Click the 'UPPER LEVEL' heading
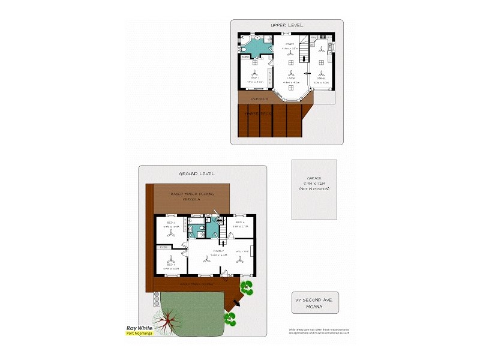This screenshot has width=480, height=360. pos(287,25)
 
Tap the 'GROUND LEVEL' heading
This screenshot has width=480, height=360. pos(196,173)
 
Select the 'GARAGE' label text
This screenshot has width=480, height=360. pos(314,179)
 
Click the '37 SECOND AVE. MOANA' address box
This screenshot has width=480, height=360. pos(315,302)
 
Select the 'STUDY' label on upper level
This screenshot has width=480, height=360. pos(290,44)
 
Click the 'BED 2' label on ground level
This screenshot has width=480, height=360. pos(172,223)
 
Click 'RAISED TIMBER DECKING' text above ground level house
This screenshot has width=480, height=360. pos(192,194)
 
